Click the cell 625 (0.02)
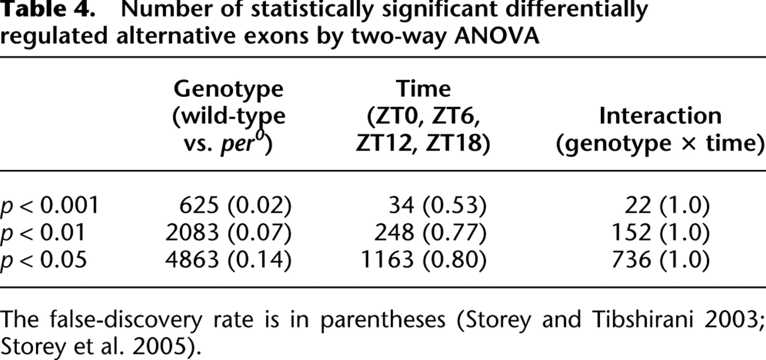235,205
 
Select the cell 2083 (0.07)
229,232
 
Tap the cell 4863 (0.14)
229,260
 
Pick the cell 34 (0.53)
437,205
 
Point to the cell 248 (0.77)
430,232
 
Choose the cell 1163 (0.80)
423,260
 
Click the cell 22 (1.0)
667,205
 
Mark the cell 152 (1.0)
660,232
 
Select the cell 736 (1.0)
660,260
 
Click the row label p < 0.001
50,206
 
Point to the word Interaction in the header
660,116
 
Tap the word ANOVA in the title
497,36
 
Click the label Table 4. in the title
48,9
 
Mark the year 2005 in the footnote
159,347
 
